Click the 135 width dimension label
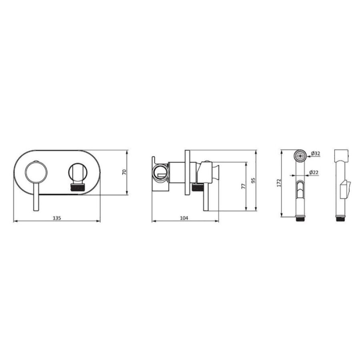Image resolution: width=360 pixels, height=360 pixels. coord(57,218)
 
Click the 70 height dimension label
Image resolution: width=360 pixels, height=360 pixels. coord(124,172)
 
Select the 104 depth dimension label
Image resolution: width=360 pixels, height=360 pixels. coord(184,218)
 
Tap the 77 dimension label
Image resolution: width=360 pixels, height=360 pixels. coord(243,186)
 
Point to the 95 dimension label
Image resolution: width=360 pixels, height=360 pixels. coord(253,180)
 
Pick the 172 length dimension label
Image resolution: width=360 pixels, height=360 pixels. coord(279,183)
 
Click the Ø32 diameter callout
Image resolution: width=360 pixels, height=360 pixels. coord(316,153)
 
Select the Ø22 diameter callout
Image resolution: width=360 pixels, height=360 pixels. coord(314,172)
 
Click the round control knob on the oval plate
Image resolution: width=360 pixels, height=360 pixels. coord(36,172)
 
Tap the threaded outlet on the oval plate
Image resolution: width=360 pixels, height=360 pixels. coord(78,188)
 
